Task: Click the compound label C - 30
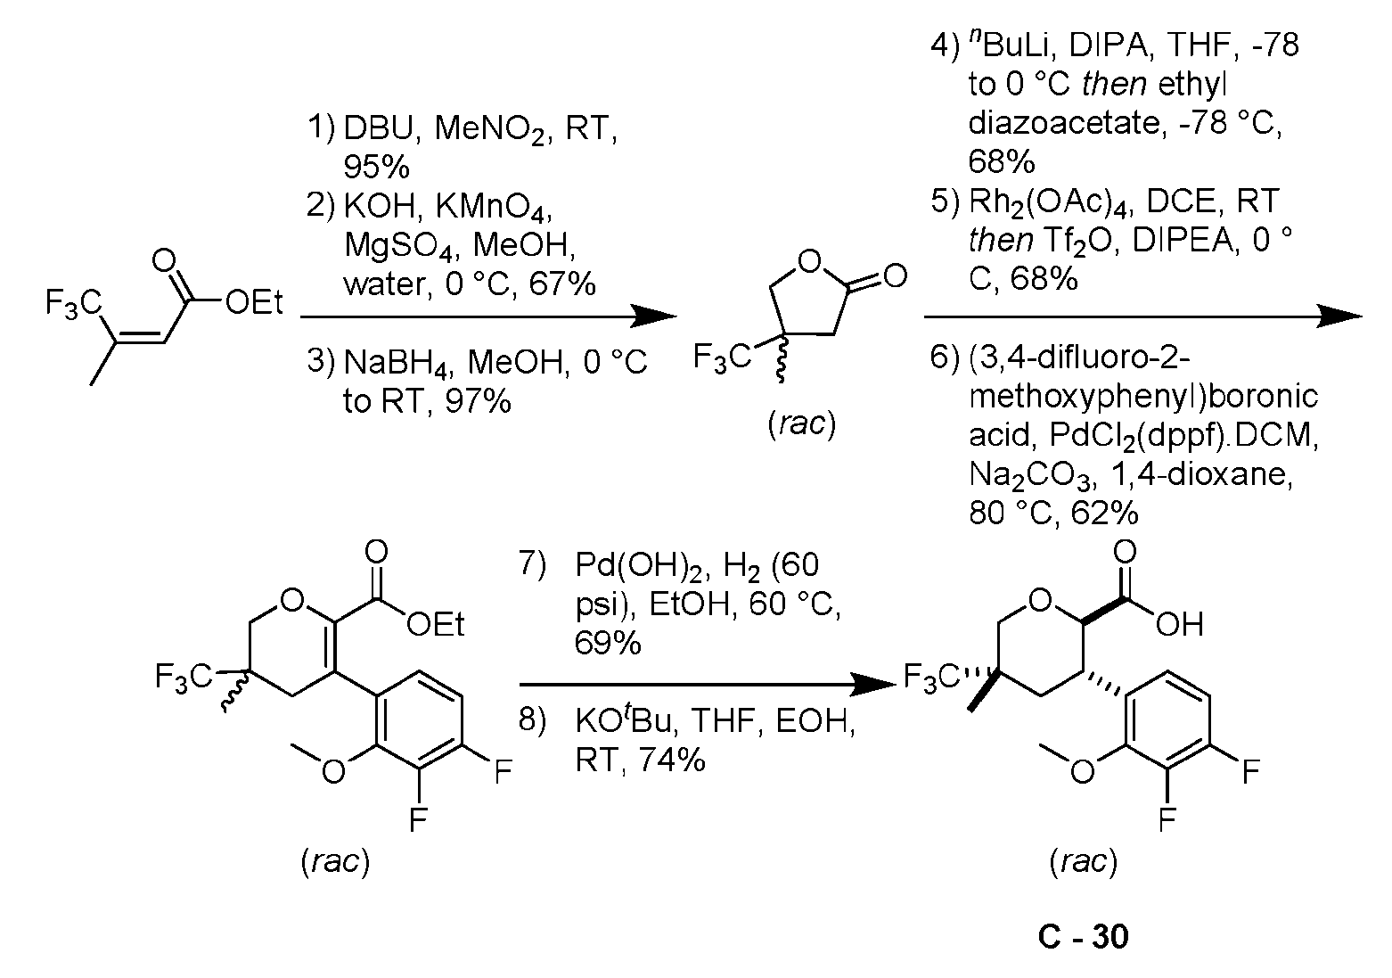[x=1083, y=936]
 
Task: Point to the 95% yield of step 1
[x=377, y=167]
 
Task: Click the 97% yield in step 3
[x=478, y=401]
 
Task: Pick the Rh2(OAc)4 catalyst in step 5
[x=1048, y=202]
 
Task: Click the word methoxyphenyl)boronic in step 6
[x=1142, y=397]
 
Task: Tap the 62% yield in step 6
[x=1105, y=513]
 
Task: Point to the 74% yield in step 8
[x=672, y=760]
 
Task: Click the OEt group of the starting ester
[x=254, y=303]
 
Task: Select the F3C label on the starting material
[x=73, y=303]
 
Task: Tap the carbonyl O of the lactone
[x=895, y=275]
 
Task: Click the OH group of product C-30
[x=1180, y=624]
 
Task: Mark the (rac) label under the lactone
[x=802, y=424]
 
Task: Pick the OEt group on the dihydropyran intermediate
[x=436, y=624]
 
